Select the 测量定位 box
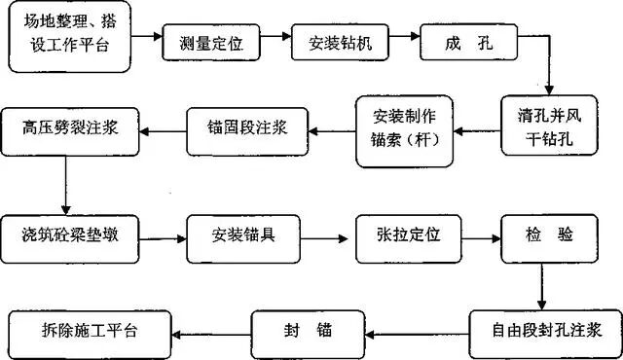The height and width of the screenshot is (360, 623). point(212,43)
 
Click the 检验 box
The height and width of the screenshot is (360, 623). point(541,235)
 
